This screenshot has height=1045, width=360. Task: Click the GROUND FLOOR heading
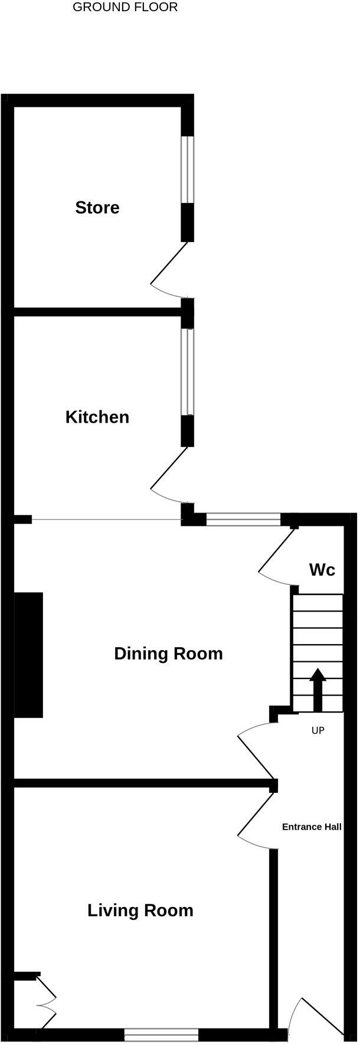pyautogui.click(x=125, y=8)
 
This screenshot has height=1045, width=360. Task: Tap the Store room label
pyautogui.click(x=97, y=208)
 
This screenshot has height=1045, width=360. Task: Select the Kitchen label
pyautogui.click(x=97, y=417)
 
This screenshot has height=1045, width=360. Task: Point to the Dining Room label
pyautogui.click(x=168, y=654)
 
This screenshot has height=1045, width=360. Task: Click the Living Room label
pyautogui.click(x=140, y=910)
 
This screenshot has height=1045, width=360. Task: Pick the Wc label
pyautogui.click(x=322, y=570)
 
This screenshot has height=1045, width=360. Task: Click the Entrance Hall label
pyautogui.click(x=312, y=827)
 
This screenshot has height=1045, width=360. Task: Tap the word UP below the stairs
pyautogui.click(x=318, y=731)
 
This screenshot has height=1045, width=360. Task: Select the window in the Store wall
pyautogui.click(x=187, y=170)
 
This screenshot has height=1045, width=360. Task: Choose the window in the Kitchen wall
pyautogui.click(x=187, y=371)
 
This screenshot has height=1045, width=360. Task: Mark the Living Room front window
pyautogui.click(x=161, y=1035)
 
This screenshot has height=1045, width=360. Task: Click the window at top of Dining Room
pyautogui.click(x=243, y=520)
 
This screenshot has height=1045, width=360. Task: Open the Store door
pyautogui.click(x=170, y=269)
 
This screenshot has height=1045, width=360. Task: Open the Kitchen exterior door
pyautogui.click(x=170, y=472)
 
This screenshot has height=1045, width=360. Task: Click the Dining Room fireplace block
pyautogui.click(x=28, y=655)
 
